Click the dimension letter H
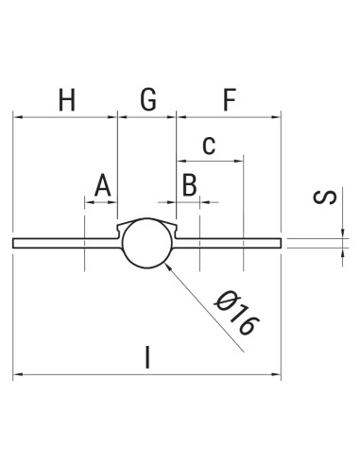(x=65, y=99)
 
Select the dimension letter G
(x=148, y=99)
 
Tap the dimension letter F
(x=229, y=99)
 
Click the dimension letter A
(x=103, y=185)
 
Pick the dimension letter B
(x=189, y=185)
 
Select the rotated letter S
(x=325, y=198)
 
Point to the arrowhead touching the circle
(x=166, y=267)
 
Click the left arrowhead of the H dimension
(x=17, y=117)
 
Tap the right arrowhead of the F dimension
(x=279, y=117)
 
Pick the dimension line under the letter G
(x=147, y=117)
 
